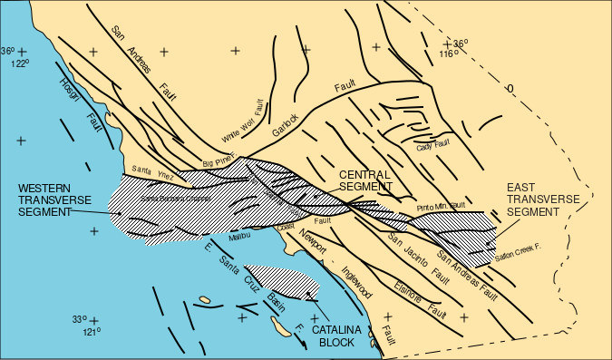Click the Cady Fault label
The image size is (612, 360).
pyautogui.click(x=434, y=145)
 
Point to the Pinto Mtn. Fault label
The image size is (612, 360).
pyautogui.click(x=442, y=208)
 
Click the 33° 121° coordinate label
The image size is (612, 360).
pyautogui.click(x=86, y=325)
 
